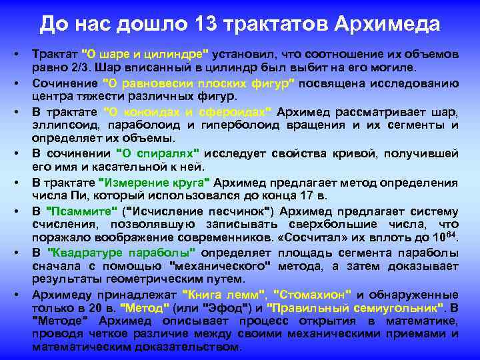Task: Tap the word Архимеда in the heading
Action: (387, 25)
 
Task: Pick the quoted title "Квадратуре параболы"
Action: (122, 252)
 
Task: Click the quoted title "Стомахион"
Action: (313, 294)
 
